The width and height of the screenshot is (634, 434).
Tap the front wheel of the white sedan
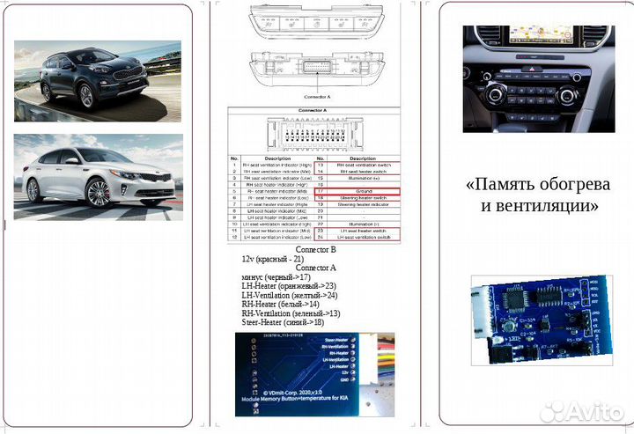(x=98, y=191)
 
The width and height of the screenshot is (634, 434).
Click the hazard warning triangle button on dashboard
(x=533, y=67)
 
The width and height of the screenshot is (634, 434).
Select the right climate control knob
(x=566, y=94)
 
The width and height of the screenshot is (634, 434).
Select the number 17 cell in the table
(x=320, y=189)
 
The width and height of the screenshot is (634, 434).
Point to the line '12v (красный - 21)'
(x=273, y=259)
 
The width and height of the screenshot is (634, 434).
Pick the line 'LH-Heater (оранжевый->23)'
(x=289, y=286)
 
